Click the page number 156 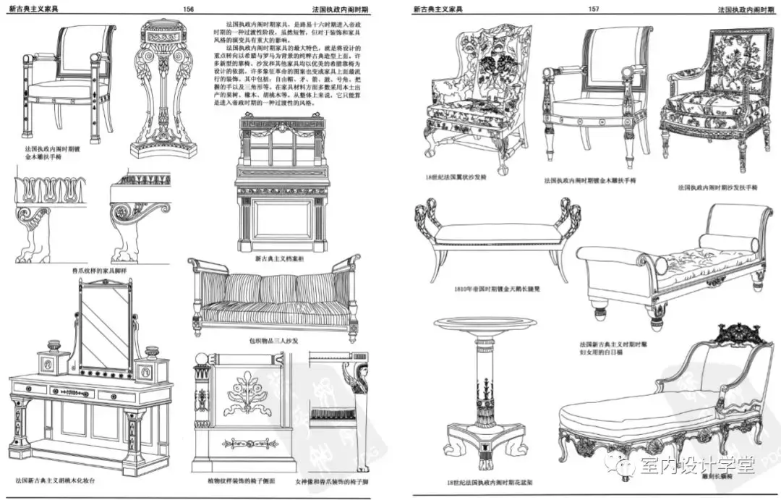(x=189, y=9)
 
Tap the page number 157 (x=594, y=9)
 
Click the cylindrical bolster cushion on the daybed (x=728, y=242)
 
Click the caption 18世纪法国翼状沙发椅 (x=456, y=177)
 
